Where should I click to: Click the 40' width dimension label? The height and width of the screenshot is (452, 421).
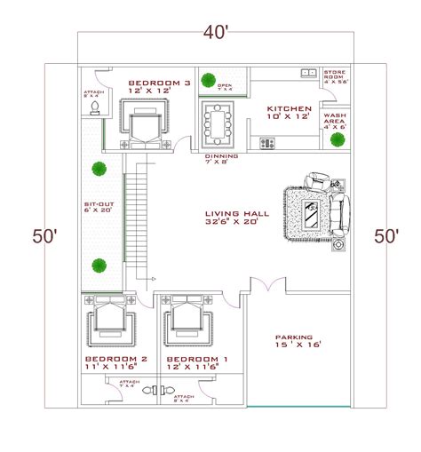(216, 34)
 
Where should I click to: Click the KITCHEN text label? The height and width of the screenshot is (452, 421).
(290, 108)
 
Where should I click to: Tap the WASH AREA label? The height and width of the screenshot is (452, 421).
(335, 117)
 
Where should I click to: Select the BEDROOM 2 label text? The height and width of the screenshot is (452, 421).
(116, 359)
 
